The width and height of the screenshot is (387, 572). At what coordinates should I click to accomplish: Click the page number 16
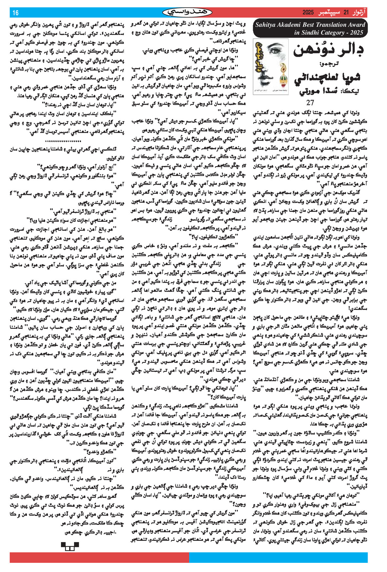pyautogui.click(x=15, y=13)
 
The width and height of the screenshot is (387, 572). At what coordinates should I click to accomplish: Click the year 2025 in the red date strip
pyautogui.click(x=308, y=13)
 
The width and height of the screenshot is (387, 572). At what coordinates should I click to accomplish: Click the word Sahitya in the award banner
pyautogui.click(x=267, y=25)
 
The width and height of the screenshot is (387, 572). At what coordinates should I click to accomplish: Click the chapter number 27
pyautogui.click(x=310, y=102)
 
